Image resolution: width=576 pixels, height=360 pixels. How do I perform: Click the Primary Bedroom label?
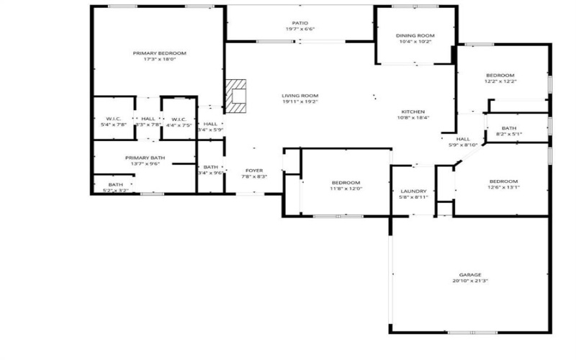(x=160, y=53)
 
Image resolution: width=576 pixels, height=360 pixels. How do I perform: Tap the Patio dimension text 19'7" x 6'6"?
(x=300, y=30)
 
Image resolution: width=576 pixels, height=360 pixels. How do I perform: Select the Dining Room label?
(x=415, y=35)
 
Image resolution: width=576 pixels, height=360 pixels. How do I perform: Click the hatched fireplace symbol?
(x=236, y=96)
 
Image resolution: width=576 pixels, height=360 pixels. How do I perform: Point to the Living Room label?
(x=300, y=96)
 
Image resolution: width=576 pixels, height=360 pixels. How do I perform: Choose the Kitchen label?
(x=413, y=112)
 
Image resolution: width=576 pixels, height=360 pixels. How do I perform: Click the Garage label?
(x=470, y=275)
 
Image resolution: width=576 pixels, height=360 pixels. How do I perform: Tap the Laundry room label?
(x=413, y=191)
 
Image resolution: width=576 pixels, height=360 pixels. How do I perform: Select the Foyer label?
(x=254, y=170)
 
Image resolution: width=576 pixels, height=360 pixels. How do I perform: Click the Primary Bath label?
(x=142, y=158)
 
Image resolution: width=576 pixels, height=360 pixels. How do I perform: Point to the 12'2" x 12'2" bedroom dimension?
(x=500, y=81)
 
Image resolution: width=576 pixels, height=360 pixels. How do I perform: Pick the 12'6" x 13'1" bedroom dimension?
(x=504, y=188)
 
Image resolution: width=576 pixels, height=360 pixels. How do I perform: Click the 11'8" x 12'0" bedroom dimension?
(x=346, y=189)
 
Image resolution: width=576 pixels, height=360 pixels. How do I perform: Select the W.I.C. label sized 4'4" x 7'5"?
(x=179, y=119)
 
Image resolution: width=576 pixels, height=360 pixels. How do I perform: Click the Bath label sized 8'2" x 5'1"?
(x=509, y=128)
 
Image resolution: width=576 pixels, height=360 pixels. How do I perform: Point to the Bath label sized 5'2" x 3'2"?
(x=116, y=184)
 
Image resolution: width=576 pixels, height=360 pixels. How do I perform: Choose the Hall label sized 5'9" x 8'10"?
(x=463, y=139)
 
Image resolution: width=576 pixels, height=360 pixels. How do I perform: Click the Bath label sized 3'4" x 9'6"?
(x=211, y=167)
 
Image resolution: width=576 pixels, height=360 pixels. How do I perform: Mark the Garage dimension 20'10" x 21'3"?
(x=470, y=281)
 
